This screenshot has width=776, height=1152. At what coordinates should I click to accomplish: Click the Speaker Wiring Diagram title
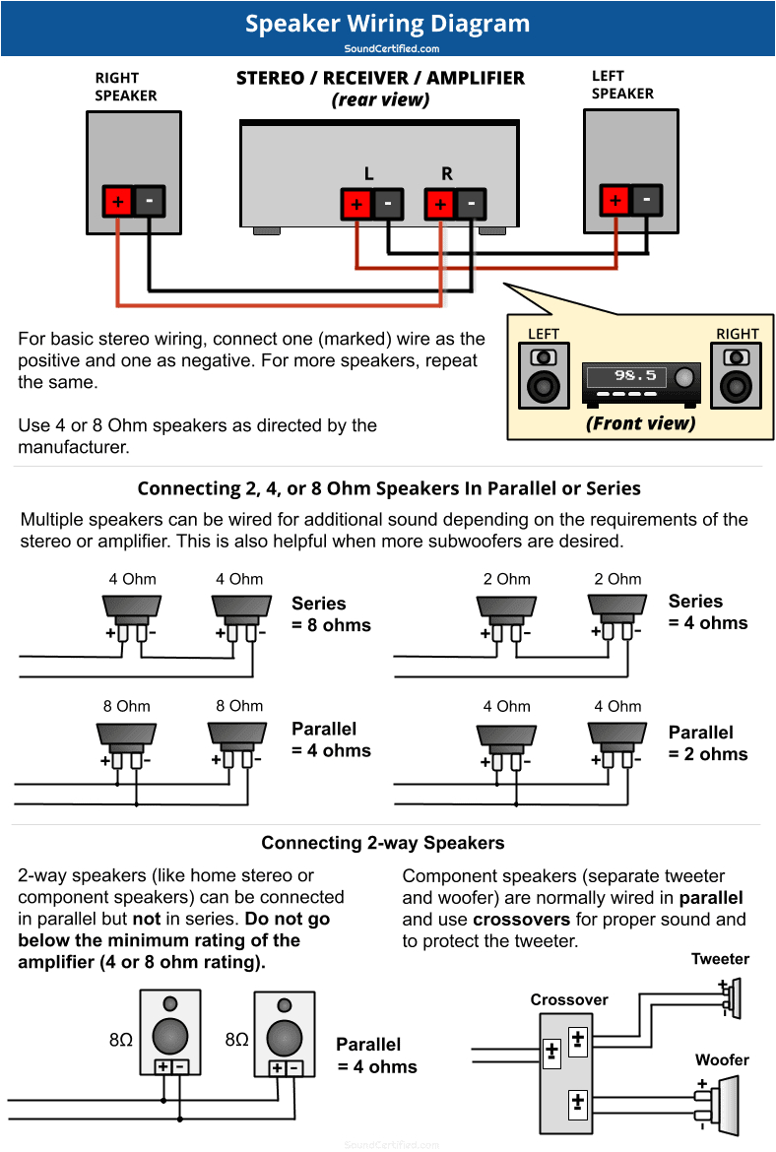click(x=387, y=24)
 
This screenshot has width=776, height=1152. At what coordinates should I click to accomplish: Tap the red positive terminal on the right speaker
click(x=118, y=202)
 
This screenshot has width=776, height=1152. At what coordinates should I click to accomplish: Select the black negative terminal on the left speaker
click(x=647, y=200)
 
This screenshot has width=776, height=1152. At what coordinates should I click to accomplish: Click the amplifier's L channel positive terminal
click(x=356, y=205)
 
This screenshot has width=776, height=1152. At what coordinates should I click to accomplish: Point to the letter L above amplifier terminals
click(x=368, y=174)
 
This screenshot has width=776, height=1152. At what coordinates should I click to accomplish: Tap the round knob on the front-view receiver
click(x=683, y=377)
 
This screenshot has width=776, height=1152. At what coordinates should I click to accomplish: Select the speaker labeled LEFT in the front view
click(x=544, y=375)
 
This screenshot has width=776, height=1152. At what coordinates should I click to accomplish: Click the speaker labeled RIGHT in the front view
click(x=737, y=375)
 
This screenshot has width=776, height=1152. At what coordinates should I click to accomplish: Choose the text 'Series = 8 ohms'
click(x=331, y=614)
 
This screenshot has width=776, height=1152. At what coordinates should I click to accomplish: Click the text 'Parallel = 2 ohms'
click(x=707, y=743)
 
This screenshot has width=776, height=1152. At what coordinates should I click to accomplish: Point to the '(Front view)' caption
click(x=640, y=423)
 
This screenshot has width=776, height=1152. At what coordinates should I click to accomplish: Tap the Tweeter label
click(x=720, y=959)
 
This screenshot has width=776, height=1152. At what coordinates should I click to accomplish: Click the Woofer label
click(x=722, y=1060)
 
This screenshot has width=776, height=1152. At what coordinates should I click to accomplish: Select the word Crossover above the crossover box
click(x=569, y=999)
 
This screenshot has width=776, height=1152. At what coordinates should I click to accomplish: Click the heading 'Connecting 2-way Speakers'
click(x=382, y=843)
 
